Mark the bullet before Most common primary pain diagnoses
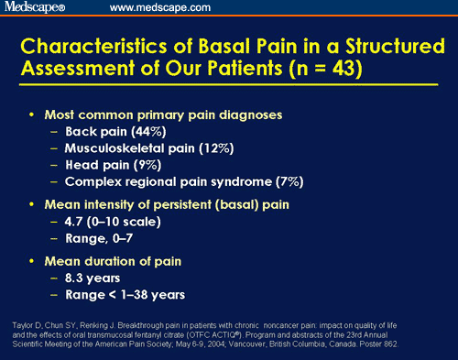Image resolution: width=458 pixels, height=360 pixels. click(34, 115)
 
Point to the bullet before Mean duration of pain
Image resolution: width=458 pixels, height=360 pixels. click(34, 259)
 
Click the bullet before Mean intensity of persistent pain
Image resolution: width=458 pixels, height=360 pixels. click(34, 203)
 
